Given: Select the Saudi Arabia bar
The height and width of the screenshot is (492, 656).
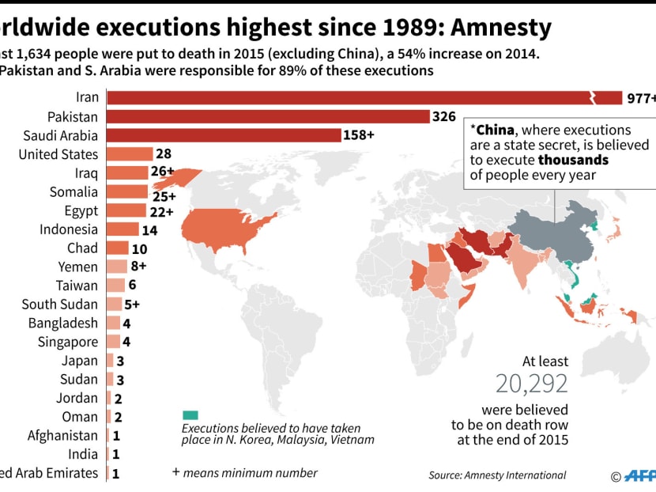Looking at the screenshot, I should pos(223,135).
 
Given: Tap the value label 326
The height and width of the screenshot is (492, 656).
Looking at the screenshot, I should pos(443,116).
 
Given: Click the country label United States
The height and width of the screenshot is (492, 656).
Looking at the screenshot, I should pos(58,154).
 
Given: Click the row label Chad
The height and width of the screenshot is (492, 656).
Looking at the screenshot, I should pos(82,248).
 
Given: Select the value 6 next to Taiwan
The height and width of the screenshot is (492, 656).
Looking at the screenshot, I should pos(132,286).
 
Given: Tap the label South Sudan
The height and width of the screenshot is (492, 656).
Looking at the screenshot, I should pos(60,305).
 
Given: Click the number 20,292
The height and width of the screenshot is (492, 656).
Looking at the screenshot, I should pos(532,384).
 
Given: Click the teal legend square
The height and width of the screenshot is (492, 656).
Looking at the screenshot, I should pos(190,415).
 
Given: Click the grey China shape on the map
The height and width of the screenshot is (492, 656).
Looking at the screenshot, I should pos(553,229).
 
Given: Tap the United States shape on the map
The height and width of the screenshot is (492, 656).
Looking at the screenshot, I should pos(225,225).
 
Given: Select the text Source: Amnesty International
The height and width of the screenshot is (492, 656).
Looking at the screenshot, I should pos(497,475).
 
